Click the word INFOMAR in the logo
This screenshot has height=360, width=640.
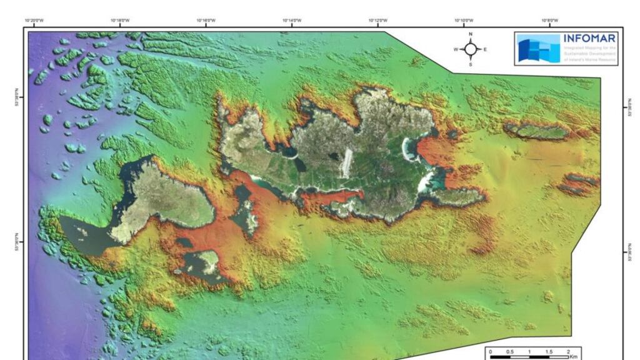click(590, 37)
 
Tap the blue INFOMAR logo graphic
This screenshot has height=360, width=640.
click(539, 48)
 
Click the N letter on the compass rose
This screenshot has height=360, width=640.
click(471, 34)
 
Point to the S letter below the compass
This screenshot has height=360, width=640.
click(471, 64)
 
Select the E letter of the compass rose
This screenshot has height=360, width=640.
click(485, 49)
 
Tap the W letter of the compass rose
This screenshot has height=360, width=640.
click(456, 49)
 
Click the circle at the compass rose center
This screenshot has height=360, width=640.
click(471, 49)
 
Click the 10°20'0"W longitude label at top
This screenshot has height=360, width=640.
click(34, 21)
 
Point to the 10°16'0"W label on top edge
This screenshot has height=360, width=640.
click(206, 21)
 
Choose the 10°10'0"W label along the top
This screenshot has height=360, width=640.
click(463, 21)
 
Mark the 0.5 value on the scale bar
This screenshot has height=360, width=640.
click(509, 352)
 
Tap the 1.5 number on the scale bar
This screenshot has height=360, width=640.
click(549, 352)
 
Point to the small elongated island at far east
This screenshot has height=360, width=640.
click(537, 131)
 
